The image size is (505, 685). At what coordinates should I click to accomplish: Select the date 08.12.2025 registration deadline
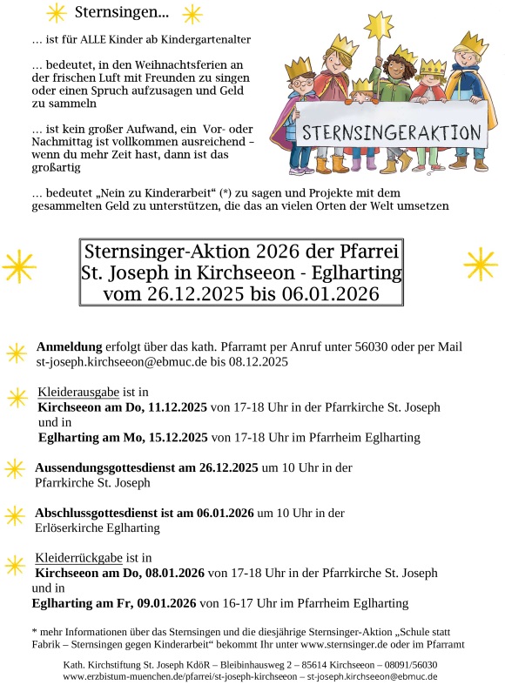(257, 360)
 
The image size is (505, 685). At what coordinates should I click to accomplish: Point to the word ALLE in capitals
(90, 40)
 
